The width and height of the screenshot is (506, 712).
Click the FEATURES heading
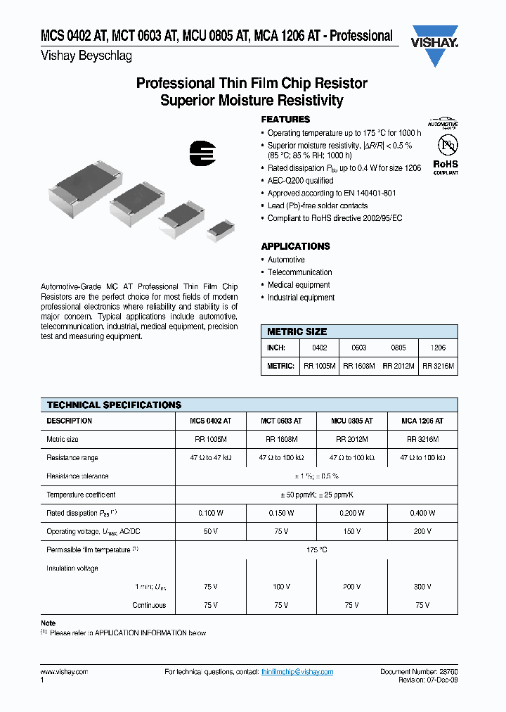285,120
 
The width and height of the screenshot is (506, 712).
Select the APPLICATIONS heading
295,246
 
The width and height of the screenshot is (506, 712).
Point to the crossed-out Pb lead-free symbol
446,144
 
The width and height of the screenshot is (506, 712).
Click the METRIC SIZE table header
297,331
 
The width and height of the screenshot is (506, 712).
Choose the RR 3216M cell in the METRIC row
439,367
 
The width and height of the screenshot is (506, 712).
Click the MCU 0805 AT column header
352,421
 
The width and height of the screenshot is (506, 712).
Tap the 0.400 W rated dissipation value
422,514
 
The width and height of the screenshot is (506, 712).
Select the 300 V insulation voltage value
422,586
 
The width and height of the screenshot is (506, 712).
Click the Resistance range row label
72,458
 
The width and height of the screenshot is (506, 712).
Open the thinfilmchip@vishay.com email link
297,673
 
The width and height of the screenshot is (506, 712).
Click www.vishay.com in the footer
64,673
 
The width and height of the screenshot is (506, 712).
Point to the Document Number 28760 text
419,673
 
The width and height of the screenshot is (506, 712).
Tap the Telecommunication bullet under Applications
299,272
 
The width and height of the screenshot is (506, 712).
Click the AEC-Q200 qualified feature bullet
300,181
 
